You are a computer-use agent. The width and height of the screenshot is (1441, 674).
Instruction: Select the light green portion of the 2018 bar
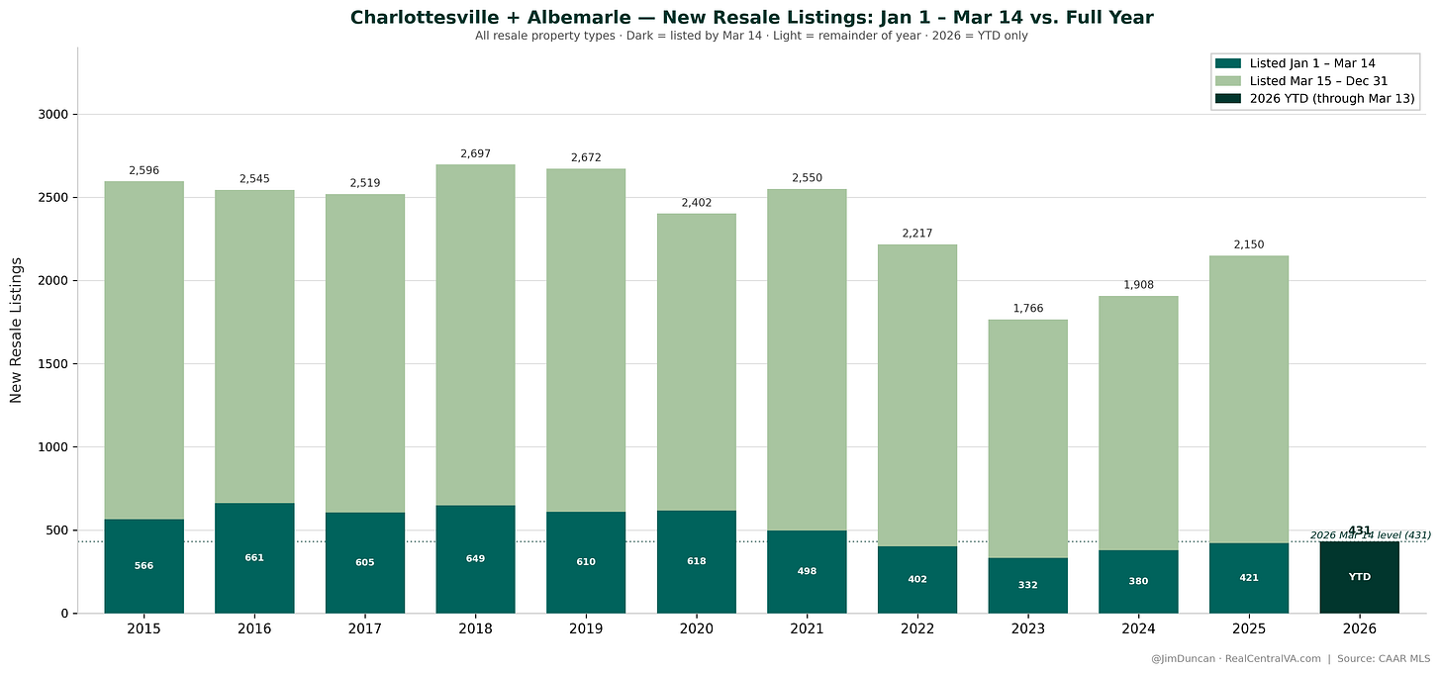[475, 337]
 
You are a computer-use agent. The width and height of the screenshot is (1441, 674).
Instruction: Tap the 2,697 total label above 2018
[475, 153]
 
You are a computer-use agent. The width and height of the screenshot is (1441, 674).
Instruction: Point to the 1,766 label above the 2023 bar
[1028, 309]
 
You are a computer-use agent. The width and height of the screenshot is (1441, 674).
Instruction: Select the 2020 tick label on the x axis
[697, 628]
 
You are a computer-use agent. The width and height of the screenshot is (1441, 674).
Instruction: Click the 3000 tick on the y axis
[51, 115]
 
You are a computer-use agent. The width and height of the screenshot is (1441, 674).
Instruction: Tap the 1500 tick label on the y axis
[51, 364]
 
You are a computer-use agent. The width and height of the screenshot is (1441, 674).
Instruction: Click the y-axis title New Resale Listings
[16, 330]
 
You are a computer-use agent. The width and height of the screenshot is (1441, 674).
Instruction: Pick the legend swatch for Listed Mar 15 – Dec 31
[1229, 80]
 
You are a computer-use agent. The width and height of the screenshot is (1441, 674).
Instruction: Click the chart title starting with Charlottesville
[751, 17]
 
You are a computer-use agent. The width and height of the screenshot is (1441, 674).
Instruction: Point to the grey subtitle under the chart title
[751, 36]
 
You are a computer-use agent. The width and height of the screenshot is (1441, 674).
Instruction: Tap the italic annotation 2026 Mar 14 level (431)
[1370, 535]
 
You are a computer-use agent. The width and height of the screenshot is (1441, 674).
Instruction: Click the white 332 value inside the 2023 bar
[1028, 585]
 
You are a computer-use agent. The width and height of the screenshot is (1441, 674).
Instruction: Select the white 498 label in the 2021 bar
[808, 571]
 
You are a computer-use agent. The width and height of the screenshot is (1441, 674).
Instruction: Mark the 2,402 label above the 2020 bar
[697, 203]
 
